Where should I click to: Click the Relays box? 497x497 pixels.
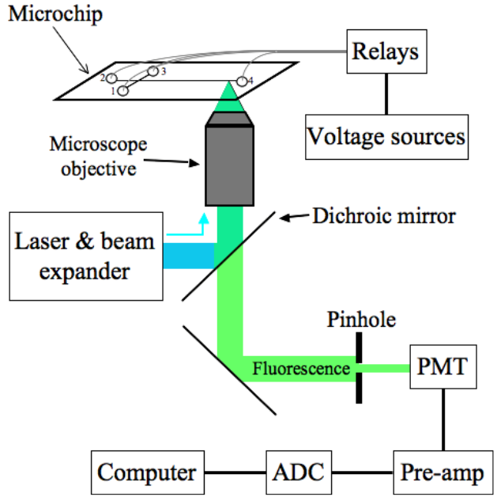(385, 54)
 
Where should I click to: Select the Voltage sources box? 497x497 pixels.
(386, 136)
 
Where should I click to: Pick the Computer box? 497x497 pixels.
(147, 472)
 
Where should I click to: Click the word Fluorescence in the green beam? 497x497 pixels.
(301, 368)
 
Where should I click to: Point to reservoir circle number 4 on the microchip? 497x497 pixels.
(240, 82)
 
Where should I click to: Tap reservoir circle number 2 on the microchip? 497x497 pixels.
(113, 78)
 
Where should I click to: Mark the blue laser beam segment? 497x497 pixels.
(189, 256)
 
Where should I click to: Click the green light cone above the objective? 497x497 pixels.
(228, 98)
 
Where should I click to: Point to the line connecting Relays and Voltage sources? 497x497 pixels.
(386, 93)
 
